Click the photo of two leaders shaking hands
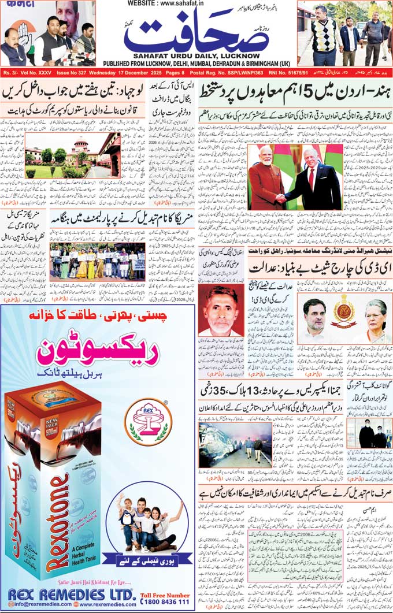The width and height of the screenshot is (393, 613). pos(293,177)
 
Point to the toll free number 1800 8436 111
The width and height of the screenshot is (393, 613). pos(164,601)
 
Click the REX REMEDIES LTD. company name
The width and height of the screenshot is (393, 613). pos(72,593)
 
